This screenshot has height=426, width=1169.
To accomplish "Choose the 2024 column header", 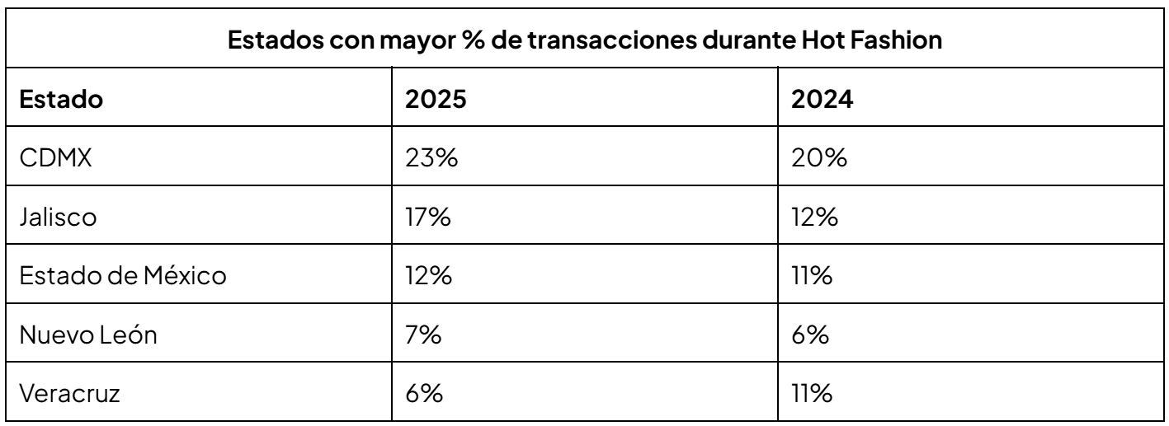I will tap(821, 105).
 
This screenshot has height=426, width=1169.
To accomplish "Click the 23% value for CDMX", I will tap(431, 159).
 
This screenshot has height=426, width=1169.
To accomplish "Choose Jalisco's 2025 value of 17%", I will tap(428, 218).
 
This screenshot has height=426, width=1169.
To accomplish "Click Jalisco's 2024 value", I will tap(816, 218).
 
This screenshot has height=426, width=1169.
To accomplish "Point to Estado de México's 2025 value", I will tap(428, 276).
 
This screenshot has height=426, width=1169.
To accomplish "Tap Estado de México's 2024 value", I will tap(813, 276).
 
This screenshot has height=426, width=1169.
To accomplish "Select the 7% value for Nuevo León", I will tap(422, 335).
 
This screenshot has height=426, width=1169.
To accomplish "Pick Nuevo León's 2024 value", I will tap(811, 335).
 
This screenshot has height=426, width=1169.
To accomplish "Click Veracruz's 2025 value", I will tap(423, 393).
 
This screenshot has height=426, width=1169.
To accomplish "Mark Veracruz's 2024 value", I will tap(813, 393).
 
